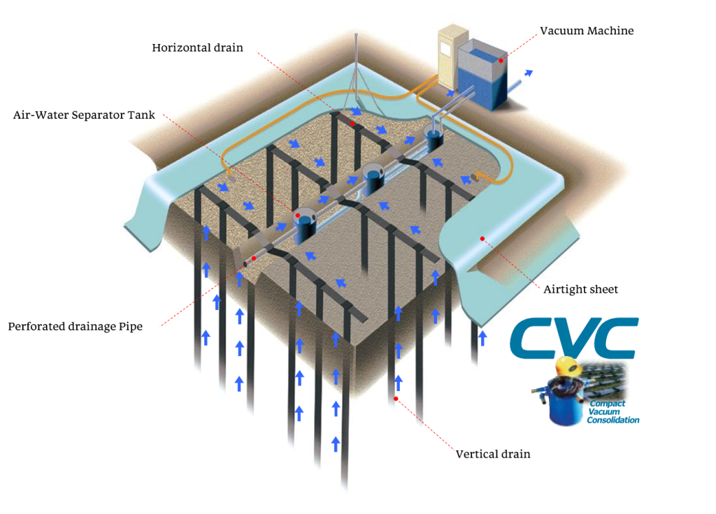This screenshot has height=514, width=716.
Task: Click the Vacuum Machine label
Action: [587, 31]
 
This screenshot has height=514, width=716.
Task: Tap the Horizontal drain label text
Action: [197, 48]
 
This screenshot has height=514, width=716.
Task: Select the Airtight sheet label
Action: [580, 289]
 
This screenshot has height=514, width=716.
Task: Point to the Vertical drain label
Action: [493, 454]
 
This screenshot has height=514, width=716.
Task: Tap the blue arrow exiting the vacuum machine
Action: [529, 72]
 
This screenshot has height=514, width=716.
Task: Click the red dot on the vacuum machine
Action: [501, 61]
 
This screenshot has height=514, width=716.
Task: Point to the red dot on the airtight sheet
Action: [482, 239]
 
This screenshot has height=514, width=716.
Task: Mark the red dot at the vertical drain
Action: [396, 399]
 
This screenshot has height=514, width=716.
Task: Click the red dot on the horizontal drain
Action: [353, 124]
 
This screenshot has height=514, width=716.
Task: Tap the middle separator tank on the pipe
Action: [374, 178]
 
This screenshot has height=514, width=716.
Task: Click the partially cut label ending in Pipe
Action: [126, 326]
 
